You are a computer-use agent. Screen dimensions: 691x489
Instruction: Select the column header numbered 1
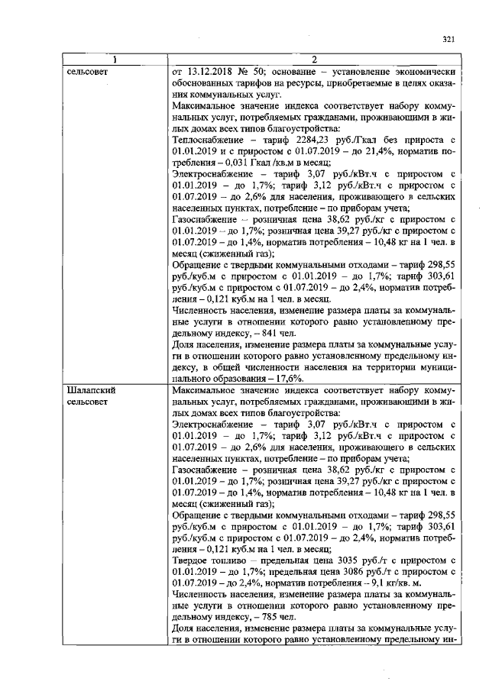pos(115,60)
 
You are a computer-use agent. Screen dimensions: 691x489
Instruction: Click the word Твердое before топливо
pos(193,562)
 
